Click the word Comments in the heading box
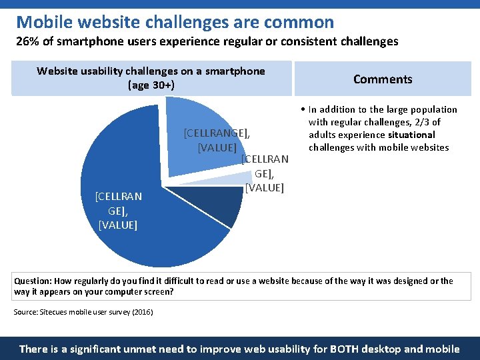click(383, 79)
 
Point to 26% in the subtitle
click(26, 41)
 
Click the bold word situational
click(407, 135)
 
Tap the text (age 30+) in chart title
click(151, 85)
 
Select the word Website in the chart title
click(57, 71)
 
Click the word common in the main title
click(299, 22)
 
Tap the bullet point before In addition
click(302, 109)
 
